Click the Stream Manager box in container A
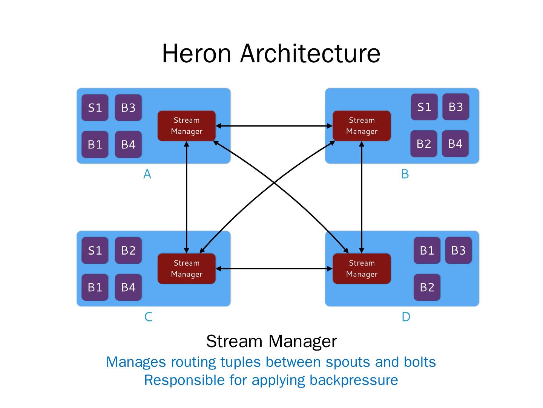point(186,126)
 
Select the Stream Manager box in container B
point(362,126)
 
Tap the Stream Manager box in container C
point(186,269)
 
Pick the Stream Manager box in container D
point(362,269)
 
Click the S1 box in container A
point(95,108)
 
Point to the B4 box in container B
point(455,144)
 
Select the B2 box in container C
point(128,250)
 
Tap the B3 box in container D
point(459,250)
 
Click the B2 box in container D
point(427,287)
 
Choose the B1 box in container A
point(95,144)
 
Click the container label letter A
point(147,174)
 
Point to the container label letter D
point(406,317)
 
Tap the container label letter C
point(148,317)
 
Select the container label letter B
point(405,174)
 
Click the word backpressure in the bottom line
point(354,380)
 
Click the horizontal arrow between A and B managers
point(274,126)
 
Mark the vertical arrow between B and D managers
point(362,196)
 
